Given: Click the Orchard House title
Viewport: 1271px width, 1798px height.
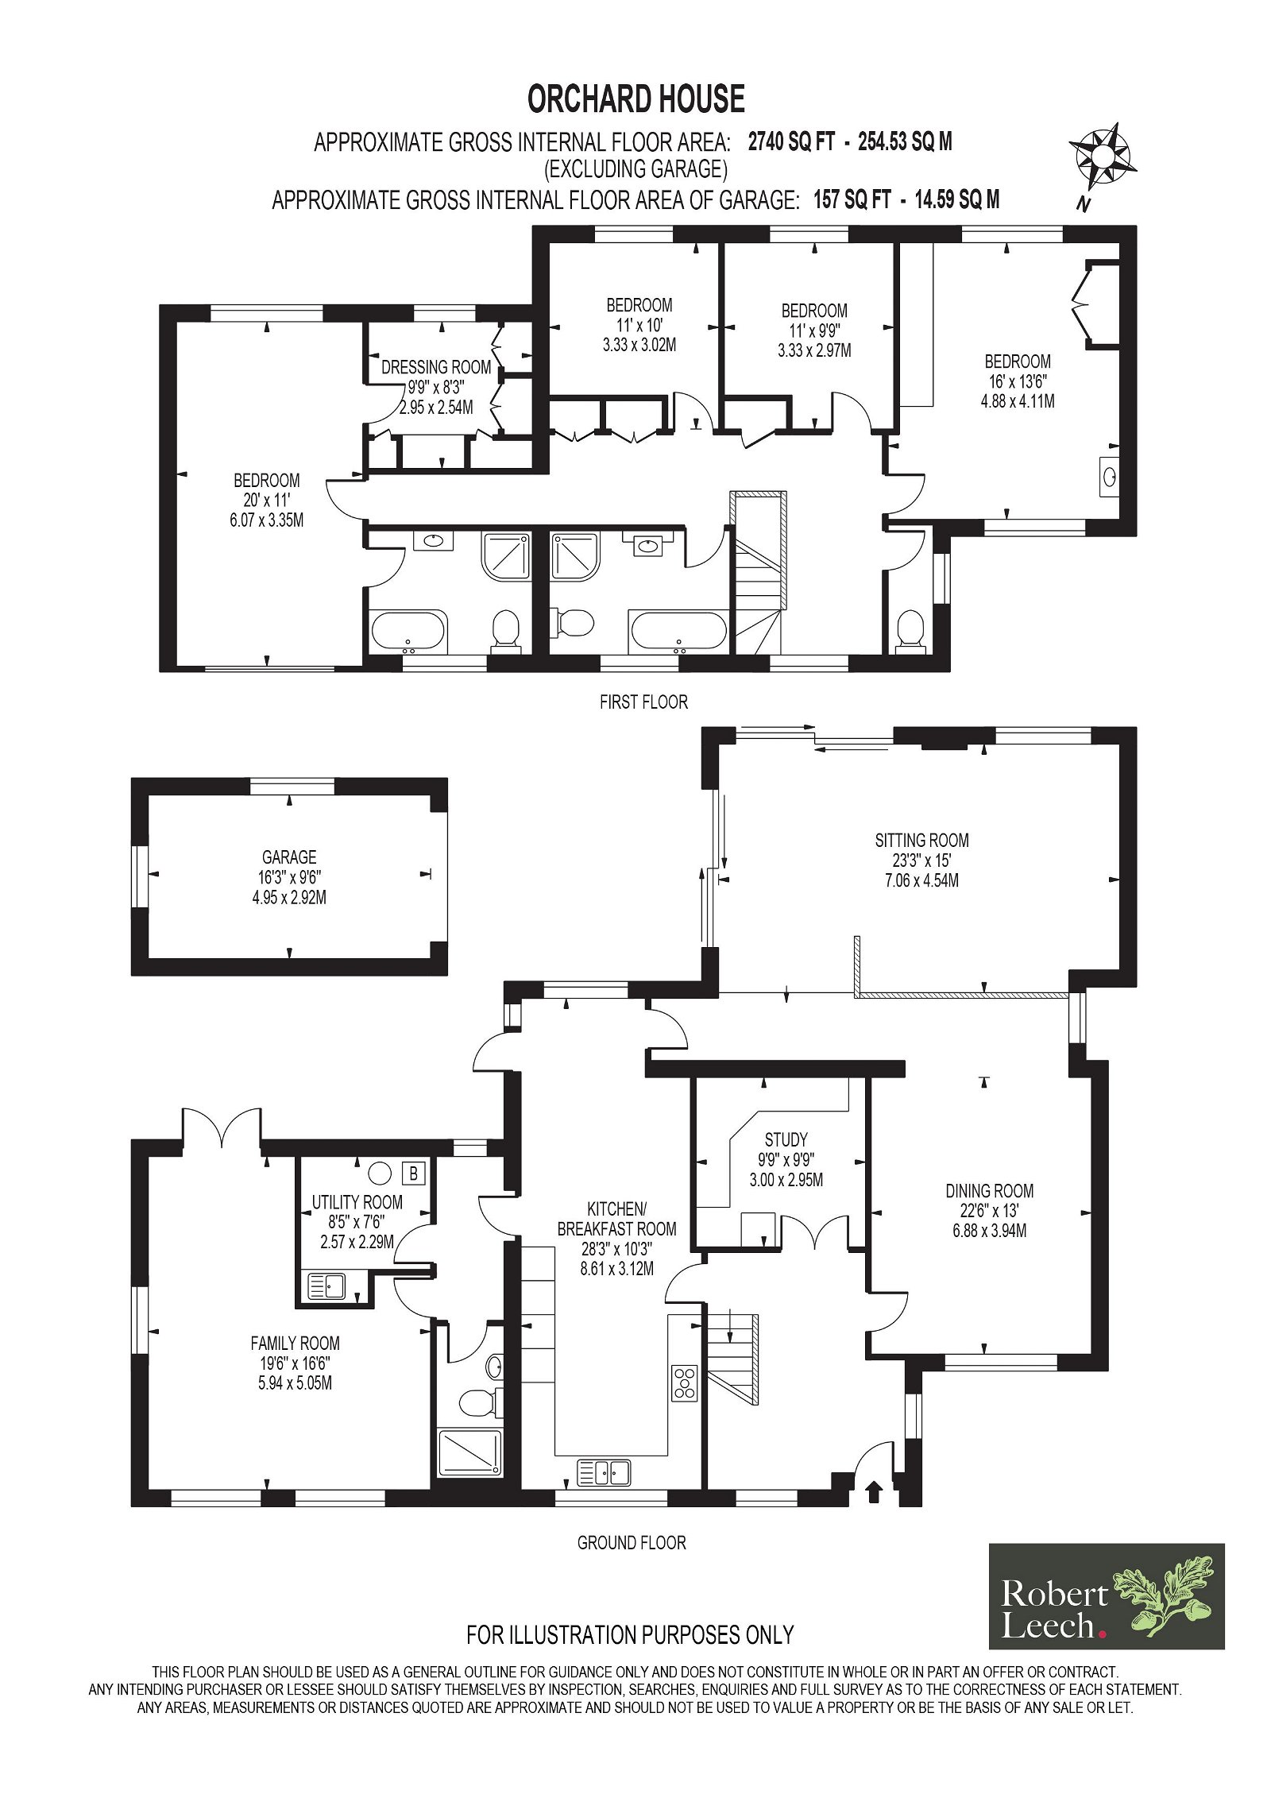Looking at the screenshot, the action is pos(635,99).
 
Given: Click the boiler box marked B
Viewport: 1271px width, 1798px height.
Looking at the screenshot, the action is pos(414,1173).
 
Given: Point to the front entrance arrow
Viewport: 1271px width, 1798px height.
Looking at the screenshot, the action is pos(873,1492).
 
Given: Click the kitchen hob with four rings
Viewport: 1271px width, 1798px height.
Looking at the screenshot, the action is pos(684,1382).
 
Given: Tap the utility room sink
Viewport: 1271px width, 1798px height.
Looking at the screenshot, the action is pos(326,1286).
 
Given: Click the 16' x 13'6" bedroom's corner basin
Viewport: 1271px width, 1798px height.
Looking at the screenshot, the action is pos(1109,477).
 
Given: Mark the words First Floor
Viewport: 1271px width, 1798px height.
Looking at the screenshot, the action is pos(643,702).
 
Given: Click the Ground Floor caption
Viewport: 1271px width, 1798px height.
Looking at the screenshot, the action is pos(632,1543).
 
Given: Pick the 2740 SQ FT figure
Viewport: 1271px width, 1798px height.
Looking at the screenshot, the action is pos(791,142).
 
